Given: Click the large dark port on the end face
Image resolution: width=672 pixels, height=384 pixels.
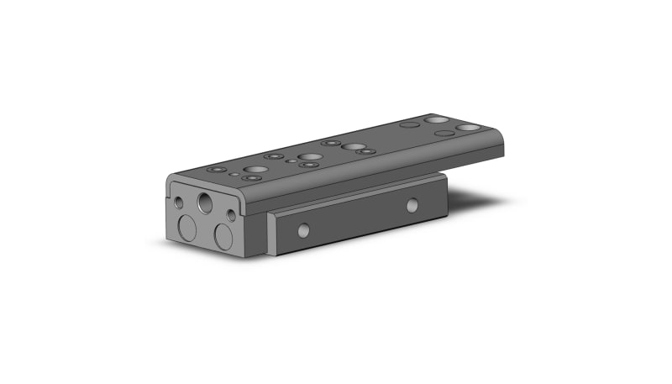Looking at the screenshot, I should click(x=205, y=203).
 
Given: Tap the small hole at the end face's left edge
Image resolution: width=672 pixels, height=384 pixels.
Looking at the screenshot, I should click(x=179, y=203).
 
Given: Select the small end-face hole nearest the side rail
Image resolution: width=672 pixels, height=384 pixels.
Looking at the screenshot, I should click(x=231, y=216).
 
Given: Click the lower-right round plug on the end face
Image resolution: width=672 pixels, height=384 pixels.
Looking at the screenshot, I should click(x=223, y=236).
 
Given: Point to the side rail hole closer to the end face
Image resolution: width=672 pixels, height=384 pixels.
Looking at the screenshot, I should click(x=303, y=229).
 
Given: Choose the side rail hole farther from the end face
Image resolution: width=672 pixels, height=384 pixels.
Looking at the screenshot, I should click(x=412, y=205).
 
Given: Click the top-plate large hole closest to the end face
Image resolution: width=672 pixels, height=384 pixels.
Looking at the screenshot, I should click(x=255, y=170).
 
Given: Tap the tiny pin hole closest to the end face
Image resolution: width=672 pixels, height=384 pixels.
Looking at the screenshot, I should click(x=234, y=174).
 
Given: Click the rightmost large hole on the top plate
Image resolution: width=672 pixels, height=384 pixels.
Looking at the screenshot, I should click(x=467, y=127).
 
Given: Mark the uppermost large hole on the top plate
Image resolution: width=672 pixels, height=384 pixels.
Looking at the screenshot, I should click(x=435, y=119).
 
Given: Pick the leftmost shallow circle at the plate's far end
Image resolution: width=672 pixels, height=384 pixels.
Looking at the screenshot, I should click(x=410, y=124).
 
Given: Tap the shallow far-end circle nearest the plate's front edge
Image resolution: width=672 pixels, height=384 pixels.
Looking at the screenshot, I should click(x=444, y=133).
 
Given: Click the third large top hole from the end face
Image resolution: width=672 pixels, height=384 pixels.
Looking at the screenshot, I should click(x=354, y=146).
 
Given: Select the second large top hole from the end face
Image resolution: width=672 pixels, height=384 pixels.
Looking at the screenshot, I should click(x=308, y=157).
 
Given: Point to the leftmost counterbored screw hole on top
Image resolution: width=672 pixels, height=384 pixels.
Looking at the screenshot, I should click(x=218, y=170).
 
